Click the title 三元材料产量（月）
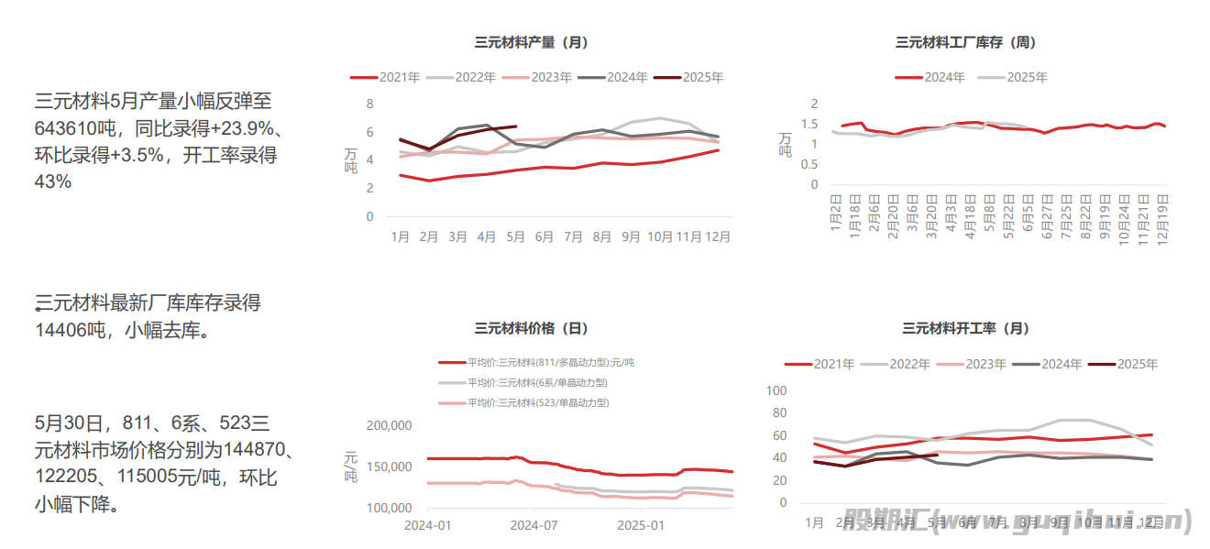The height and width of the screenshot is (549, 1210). (x=531, y=42)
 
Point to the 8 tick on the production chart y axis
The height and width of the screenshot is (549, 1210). (x=369, y=104)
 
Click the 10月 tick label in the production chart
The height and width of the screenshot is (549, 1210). (x=660, y=236)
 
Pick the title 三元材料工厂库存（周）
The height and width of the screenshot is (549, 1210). (x=965, y=42)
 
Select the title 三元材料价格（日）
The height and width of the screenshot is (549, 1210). (x=531, y=328)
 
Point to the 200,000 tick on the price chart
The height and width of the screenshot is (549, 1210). (x=390, y=425)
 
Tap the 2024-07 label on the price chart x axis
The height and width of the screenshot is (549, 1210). (x=533, y=526)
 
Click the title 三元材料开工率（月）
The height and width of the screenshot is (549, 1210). (x=965, y=328)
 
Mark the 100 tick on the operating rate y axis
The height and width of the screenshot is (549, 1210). (x=775, y=390)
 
